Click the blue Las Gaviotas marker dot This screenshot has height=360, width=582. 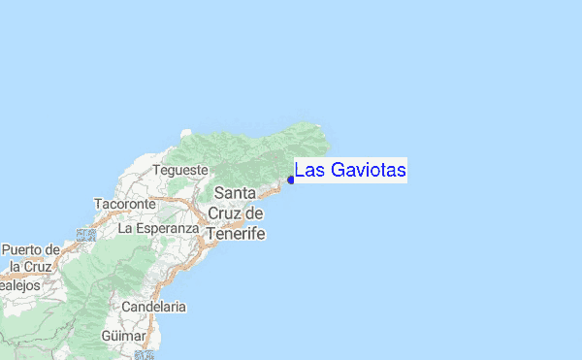pos(291,179)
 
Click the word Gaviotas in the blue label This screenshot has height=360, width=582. pos(367,171)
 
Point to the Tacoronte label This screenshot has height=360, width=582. pos(124,205)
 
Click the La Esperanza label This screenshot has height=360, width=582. pos(157,229)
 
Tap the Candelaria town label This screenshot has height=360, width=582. pos(154,307)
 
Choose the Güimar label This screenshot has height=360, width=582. pos(123,336)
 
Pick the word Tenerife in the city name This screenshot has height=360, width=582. pos(236,234)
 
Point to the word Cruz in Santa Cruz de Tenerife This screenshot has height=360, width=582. pos(223,213)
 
